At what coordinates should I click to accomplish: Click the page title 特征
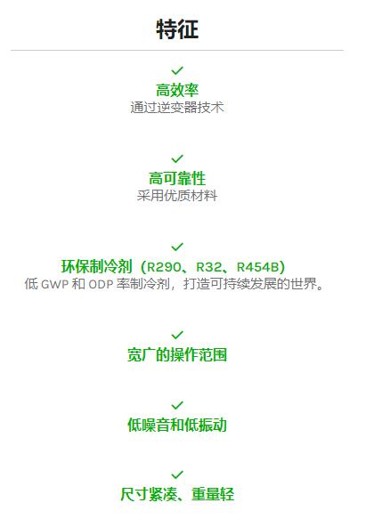pyautogui.click(x=177, y=29)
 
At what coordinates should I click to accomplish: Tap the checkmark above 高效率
pyautogui.click(x=177, y=70)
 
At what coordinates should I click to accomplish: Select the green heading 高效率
pyautogui.click(x=177, y=90)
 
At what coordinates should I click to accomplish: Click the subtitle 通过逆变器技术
pyautogui.click(x=177, y=108)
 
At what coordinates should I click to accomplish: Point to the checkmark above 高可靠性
pyautogui.click(x=177, y=158)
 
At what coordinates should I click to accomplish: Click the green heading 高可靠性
pyautogui.click(x=177, y=178)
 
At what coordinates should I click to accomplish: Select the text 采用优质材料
pyautogui.click(x=177, y=196)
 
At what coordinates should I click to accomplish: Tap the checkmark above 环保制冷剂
pyautogui.click(x=177, y=247)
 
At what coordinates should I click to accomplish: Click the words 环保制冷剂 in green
pyautogui.click(x=97, y=266)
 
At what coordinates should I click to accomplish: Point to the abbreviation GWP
pyautogui.click(x=55, y=284)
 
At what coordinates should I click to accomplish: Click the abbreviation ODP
pyautogui.click(x=101, y=284)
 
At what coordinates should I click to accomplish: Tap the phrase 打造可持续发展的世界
pyautogui.click(x=250, y=284)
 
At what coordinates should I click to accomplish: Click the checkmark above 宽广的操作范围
pyautogui.click(x=177, y=335)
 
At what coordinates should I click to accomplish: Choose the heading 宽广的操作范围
pyautogui.click(x=177, y=355)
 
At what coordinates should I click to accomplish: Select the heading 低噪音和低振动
pyautogui.click(x=177, y=425)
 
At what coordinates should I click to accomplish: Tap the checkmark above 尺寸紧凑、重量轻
pyautogui.click(x=177, y=475)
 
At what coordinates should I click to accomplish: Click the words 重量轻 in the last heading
pyautogui.click(x=213, y=494)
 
